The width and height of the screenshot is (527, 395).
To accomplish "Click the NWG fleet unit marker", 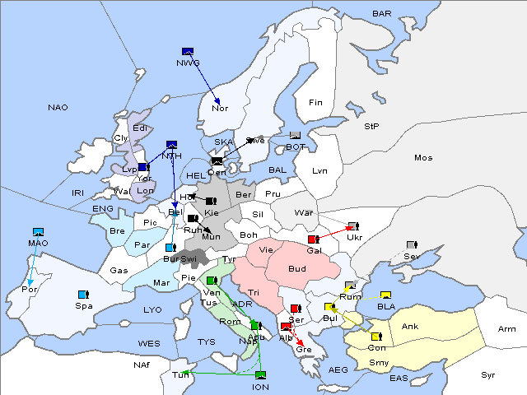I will tap(187, 51).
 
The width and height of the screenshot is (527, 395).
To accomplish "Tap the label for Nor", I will tap(220, 108).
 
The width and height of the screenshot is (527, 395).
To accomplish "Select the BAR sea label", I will tap(382, 14).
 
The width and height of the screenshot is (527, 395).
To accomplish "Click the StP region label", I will tap(371, 127).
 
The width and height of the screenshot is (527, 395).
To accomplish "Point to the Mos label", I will tap(423, 157).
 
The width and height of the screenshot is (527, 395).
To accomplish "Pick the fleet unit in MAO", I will tap(38, 233).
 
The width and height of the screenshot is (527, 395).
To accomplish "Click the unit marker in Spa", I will tap(82, 294).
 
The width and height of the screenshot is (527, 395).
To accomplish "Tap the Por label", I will tap(30, 290).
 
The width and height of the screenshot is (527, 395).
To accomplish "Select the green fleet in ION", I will tap(261, 376).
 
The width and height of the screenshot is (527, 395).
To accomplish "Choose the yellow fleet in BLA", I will tap(385, 295).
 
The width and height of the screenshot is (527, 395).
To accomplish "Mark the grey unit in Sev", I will tap(411, 245).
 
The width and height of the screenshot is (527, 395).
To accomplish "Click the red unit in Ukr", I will tap(352, 226).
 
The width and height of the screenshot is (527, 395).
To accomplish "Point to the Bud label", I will tap(297, 269).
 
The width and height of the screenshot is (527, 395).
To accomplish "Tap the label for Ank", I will tap(409, 327).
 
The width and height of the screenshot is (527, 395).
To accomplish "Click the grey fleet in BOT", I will tap(296, 136).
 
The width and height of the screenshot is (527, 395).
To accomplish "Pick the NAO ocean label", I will tap(58, 107).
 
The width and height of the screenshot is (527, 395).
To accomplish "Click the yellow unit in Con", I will tap(375, 336).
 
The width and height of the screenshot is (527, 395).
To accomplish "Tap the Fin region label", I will tap(315, 103).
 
